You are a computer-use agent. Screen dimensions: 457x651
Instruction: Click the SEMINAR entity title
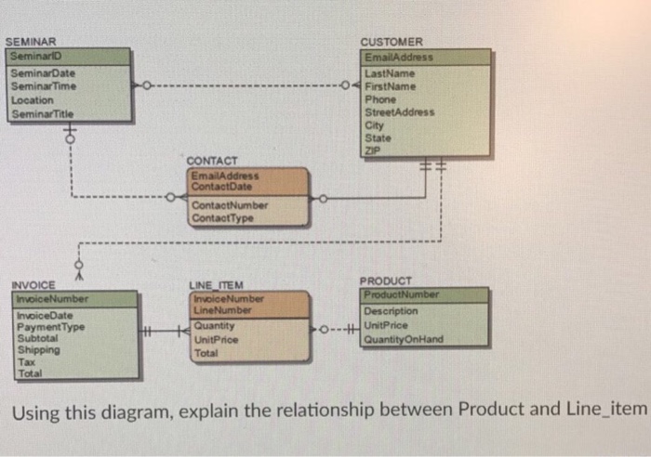tap(31, 43)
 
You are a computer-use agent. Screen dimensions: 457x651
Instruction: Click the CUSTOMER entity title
tap(392, 43)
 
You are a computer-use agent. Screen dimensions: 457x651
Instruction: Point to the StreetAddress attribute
tap(400, 111)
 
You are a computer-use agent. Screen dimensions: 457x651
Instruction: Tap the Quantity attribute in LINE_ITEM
tap(214, 326)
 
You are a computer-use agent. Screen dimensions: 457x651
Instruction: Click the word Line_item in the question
tap(609, 410)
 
